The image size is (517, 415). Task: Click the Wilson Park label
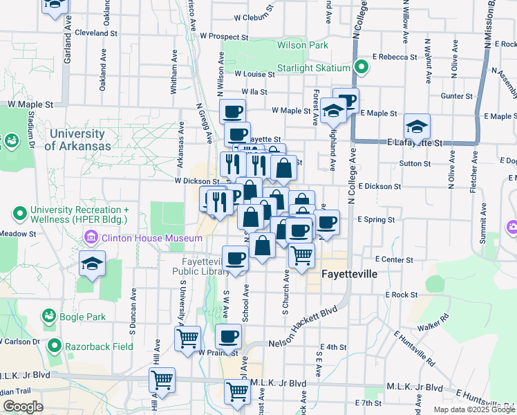coord(302,45)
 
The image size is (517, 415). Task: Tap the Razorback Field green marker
coord(54,344)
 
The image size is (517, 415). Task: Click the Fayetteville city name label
coord(350,274)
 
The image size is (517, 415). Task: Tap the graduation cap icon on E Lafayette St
coord(417,127)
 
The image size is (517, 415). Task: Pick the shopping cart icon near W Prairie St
coord(187,339)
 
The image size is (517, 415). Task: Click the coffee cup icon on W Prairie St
coord(228,338)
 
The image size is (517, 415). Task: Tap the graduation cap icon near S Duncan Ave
coord(92,264)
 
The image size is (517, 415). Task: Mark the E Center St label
coord(395,260)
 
